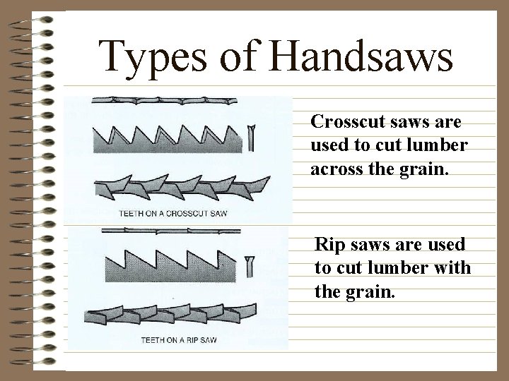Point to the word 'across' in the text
(x=334, y=169)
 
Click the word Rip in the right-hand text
(x=327, y=245)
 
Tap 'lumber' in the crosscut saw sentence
(x=433, y=145)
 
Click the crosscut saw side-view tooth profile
(x=170, y=138)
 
